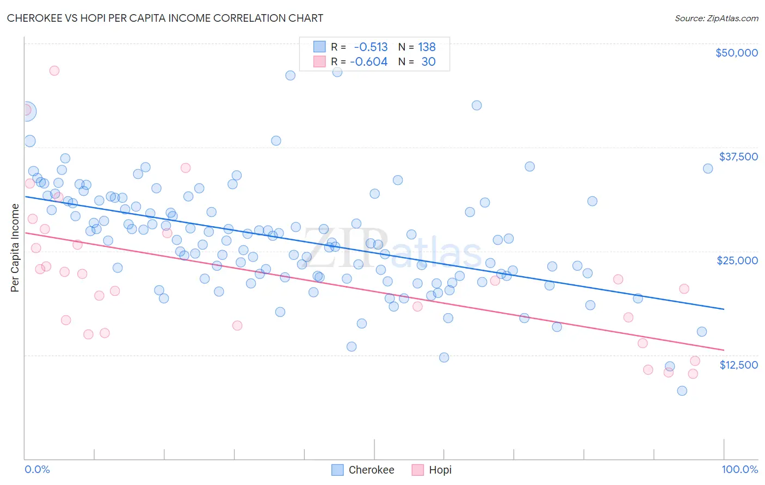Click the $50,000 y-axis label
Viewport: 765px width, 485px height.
point(736,53)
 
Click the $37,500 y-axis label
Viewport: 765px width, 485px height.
point(738,157)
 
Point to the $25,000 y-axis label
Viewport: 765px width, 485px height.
point(737,260)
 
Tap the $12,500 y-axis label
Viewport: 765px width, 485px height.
point(738,365)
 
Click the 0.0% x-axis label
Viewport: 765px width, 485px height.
point(37,469)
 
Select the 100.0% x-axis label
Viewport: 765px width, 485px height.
point(739,469)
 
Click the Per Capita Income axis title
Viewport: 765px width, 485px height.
point(15,247)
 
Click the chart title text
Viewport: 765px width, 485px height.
point(165,18)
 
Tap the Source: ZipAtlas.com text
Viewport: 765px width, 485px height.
point(716,18)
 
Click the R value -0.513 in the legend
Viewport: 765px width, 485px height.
point(371,47)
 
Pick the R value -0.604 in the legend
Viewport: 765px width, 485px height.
point(368,62)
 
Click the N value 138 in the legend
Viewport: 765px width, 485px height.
point(427,47)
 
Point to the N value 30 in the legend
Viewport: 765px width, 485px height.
point(428,62)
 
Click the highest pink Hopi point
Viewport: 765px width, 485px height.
point(54,71)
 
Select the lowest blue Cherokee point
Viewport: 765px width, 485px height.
point(682,391)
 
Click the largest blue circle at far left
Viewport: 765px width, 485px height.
point(26,111)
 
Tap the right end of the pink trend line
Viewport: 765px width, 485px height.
point(724,350)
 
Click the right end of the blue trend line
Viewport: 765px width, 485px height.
point(724,309)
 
